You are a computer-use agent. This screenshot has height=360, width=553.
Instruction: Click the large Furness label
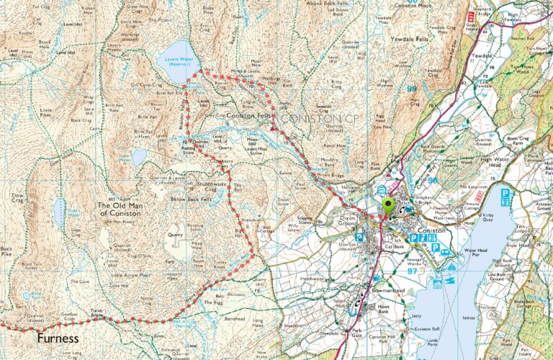click(x=50, y=337)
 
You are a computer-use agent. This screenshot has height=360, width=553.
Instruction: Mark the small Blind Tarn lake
click(x=27, y=294)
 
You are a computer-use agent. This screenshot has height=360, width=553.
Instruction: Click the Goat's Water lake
click(x=58, y=212)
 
